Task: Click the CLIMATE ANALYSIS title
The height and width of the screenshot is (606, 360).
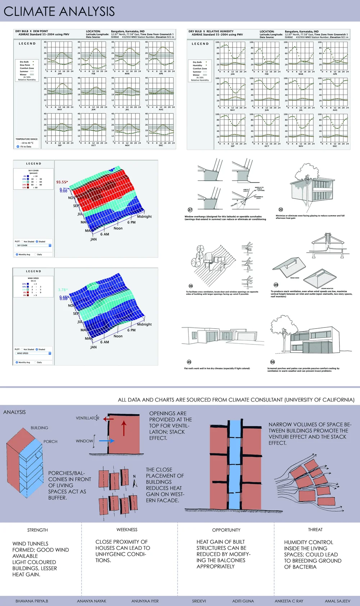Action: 59,11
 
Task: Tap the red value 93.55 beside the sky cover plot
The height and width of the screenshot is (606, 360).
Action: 61,182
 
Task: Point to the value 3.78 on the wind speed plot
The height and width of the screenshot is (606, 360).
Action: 62,290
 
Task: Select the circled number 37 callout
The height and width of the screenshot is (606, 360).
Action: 190,210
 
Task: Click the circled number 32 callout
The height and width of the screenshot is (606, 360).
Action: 281,209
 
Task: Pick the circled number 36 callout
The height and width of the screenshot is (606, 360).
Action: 191,286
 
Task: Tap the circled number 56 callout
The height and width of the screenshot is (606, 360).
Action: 273,362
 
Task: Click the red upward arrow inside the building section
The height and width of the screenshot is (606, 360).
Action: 124,428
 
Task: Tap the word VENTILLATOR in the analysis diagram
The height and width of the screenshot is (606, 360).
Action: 87,418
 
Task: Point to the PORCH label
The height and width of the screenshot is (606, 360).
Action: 50,442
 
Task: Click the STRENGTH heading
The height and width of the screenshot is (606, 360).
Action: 37,530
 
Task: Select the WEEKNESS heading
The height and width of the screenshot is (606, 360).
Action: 127,530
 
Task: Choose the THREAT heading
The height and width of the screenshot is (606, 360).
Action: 315,530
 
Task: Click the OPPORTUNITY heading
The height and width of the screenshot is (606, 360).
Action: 226,530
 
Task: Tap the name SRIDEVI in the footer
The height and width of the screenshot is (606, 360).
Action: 199,601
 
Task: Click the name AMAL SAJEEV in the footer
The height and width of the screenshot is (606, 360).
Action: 337,601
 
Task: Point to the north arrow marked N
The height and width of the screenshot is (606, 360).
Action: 135,481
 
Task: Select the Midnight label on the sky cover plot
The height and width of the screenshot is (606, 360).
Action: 144,217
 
